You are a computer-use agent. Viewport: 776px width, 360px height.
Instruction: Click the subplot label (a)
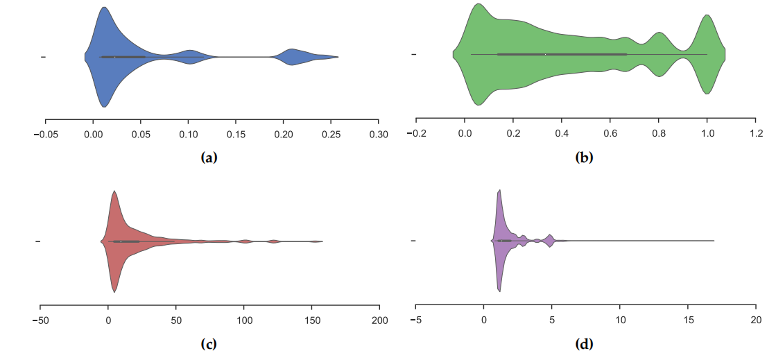pyautogui.click(x=209, y=158)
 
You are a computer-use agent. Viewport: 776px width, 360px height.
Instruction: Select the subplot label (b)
pyautogui.click(x=584, y=158)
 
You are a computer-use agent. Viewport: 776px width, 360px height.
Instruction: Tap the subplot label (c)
pyautogui.click(x=209, y=343)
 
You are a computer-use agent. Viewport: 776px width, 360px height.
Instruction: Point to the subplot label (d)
pyautogui.click(x=584, y=343)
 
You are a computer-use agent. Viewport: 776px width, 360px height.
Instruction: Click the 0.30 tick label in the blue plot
pyautogui.click(x=379, y=133)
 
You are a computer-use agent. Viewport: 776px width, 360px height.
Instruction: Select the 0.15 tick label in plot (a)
pyautogui.click(x=236, y=133)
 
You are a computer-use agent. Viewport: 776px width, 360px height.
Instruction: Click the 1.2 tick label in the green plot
pyautogui.click(x=755, y=133)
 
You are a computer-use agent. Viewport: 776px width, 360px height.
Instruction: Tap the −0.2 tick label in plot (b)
pyautogui.click(x=415, y=133)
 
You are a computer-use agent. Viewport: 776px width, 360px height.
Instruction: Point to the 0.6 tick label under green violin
pyautogui.click(x=610, y=133)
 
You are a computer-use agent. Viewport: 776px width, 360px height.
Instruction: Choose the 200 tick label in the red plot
pyautogui.click(x=379, y=320)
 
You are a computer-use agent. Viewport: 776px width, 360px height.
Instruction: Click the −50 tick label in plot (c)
pyautogui.click(x=40, y=320)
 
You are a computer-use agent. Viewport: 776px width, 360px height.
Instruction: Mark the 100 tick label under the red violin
pyautogui.click(x=243, y=320)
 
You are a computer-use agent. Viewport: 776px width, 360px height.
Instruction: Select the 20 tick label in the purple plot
pyautogui.click(x=755, y=320)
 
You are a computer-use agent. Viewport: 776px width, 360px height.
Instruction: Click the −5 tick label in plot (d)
pyautogui.click(x=415, y=320)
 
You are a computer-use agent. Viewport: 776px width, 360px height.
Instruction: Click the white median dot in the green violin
pyautogui.click(x=545, y=53)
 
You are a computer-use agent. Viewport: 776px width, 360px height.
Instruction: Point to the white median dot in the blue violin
pyautogui.click(x=114, y=57)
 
